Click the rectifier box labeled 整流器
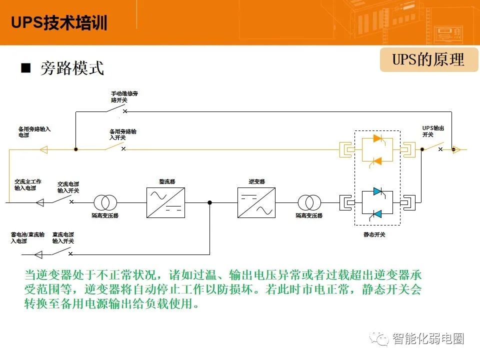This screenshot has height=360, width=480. [x=165, y=202]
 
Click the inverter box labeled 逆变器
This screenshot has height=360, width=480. [x=256, y=202]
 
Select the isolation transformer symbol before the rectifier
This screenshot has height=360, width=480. [x=105, y=202]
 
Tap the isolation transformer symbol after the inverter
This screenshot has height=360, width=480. [x=309, y=202]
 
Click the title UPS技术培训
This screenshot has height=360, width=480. [x=59, y=22]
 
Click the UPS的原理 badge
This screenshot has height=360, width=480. [x=428, y=59]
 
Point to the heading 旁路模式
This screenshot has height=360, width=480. [x=72, y=67]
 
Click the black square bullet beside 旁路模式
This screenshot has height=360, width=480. [x=25, y=67]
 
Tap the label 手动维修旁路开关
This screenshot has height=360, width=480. [x=124, y=96]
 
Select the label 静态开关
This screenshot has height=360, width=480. [x=374, y=234]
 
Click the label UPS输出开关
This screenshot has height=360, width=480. [x=433, y=131]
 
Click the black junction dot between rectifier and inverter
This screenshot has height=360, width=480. [x=209, y=202]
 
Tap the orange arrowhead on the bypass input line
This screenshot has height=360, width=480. [x=44, y=149]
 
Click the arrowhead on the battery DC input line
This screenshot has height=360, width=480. [x=38, y=254]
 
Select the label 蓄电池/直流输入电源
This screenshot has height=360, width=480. [x=27, y=238]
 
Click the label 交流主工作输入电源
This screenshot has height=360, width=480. [x=28, y=185]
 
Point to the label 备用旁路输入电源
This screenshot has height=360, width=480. [x=34, y=132]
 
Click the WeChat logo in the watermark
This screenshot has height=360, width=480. [x=379, y=338]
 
